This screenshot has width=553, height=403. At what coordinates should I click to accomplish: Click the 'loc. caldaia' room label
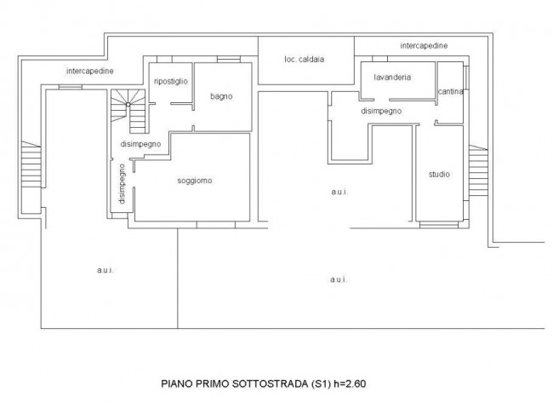pyautogui.click(x=304, y=60)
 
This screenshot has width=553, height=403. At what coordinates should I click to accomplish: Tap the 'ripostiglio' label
pyautogui.click(x=171, y=81)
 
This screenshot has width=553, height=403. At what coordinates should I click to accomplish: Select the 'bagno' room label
pyautogui.click(x=221, y=96)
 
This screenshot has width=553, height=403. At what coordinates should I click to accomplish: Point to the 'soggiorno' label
pyautogui.click(x=195, y=181)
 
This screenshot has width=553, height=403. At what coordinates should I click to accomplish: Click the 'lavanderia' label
pyautogui.click(x=392, y=77)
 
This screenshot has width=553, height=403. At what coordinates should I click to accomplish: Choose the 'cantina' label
pyautogui.click(x=450, y=91)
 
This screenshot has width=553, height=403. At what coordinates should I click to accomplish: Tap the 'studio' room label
pyautogui.click(x=439, y=174)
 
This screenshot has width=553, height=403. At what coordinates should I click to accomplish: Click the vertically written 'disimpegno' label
pyautogui.click(x=122, y=184)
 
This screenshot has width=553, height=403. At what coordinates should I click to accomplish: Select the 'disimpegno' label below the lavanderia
pyautogui.click(x=381, y=111)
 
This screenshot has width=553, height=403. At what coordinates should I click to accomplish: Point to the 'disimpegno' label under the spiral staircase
pyautogui.click(x=140, y=144)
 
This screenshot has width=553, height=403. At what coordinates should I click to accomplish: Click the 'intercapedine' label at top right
pyautogui.click(x=424, y=45)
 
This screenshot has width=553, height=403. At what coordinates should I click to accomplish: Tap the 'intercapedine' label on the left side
pyautogui.click(x=89, y=71)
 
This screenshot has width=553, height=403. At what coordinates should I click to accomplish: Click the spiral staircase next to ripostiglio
pyautogui.click(x=128, y=111)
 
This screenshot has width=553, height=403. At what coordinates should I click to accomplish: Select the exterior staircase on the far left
pyautogui.click(x=31, y=164)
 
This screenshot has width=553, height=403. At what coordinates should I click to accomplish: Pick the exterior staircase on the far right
pyautogui.click(x=478, y=170)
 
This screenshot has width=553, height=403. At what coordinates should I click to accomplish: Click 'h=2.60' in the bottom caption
pyautogui.click(x=350, y=383)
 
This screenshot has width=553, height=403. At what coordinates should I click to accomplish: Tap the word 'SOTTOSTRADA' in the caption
pyautogui.click(x=270, y=383)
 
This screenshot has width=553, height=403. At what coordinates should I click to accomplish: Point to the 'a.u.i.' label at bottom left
pyautogui.click(x=105, y=271)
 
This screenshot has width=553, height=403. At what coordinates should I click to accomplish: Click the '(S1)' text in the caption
pyautogui.click(x=321, y=383)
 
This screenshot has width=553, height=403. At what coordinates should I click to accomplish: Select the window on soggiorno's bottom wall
pyautogui.click(x=216, y=225)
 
